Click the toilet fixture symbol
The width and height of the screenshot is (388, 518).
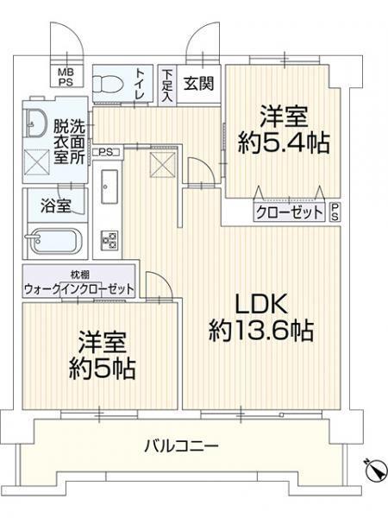(110, 85)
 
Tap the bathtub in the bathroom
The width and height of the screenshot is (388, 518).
(53, 241)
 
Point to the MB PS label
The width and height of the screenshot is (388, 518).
(66, 78)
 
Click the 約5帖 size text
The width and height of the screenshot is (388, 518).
(101, 369)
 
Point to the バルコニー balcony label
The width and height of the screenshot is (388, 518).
(180, 446)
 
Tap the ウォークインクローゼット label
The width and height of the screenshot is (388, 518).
(78, 288)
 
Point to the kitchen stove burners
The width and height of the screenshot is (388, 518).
(111, 238)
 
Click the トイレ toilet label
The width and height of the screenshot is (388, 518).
(143, 85)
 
